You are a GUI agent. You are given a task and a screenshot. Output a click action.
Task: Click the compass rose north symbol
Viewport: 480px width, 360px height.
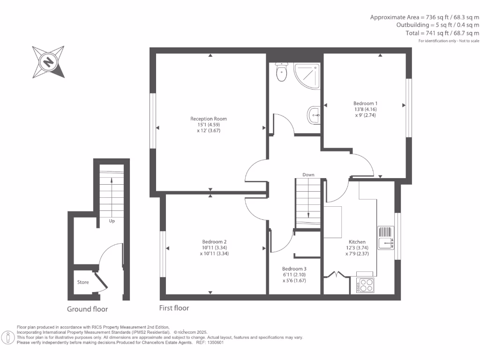point(48,61)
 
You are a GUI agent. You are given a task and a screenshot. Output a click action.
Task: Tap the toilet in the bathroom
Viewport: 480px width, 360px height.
point(281,73)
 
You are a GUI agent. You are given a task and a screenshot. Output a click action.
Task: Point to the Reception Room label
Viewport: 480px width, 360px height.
point(205,119)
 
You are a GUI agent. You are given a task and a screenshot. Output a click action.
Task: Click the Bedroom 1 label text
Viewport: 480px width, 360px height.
point(365,104)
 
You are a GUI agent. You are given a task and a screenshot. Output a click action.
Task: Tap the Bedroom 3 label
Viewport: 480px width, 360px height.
point(294,269)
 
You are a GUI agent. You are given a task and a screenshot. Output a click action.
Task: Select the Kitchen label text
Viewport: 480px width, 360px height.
point(357,242)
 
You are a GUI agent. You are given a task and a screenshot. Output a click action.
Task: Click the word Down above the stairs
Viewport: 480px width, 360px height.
point(308,175)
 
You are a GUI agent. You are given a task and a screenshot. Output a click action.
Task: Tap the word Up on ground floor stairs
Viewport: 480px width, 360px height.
point(112,221)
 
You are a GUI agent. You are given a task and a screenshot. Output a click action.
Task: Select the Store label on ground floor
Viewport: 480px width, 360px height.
point(83,282)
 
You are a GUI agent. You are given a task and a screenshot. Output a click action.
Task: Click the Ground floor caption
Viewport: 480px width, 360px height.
point(87,309)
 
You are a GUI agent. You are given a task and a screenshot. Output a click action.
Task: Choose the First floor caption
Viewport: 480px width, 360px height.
point(174,308)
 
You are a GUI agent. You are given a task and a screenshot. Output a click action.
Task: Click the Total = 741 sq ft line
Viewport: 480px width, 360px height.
point(442,33)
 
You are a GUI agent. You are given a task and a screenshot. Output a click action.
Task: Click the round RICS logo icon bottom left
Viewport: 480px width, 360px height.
point(7,337)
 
